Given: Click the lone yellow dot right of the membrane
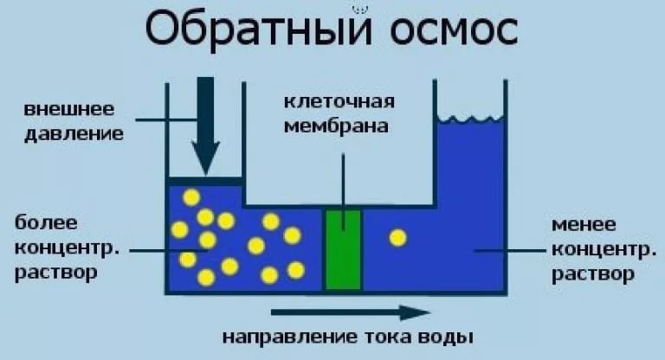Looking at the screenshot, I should tap(397, 236).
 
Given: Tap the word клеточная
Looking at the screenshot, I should tap(340, 101).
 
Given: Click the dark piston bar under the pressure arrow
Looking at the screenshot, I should tap(205, 180).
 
